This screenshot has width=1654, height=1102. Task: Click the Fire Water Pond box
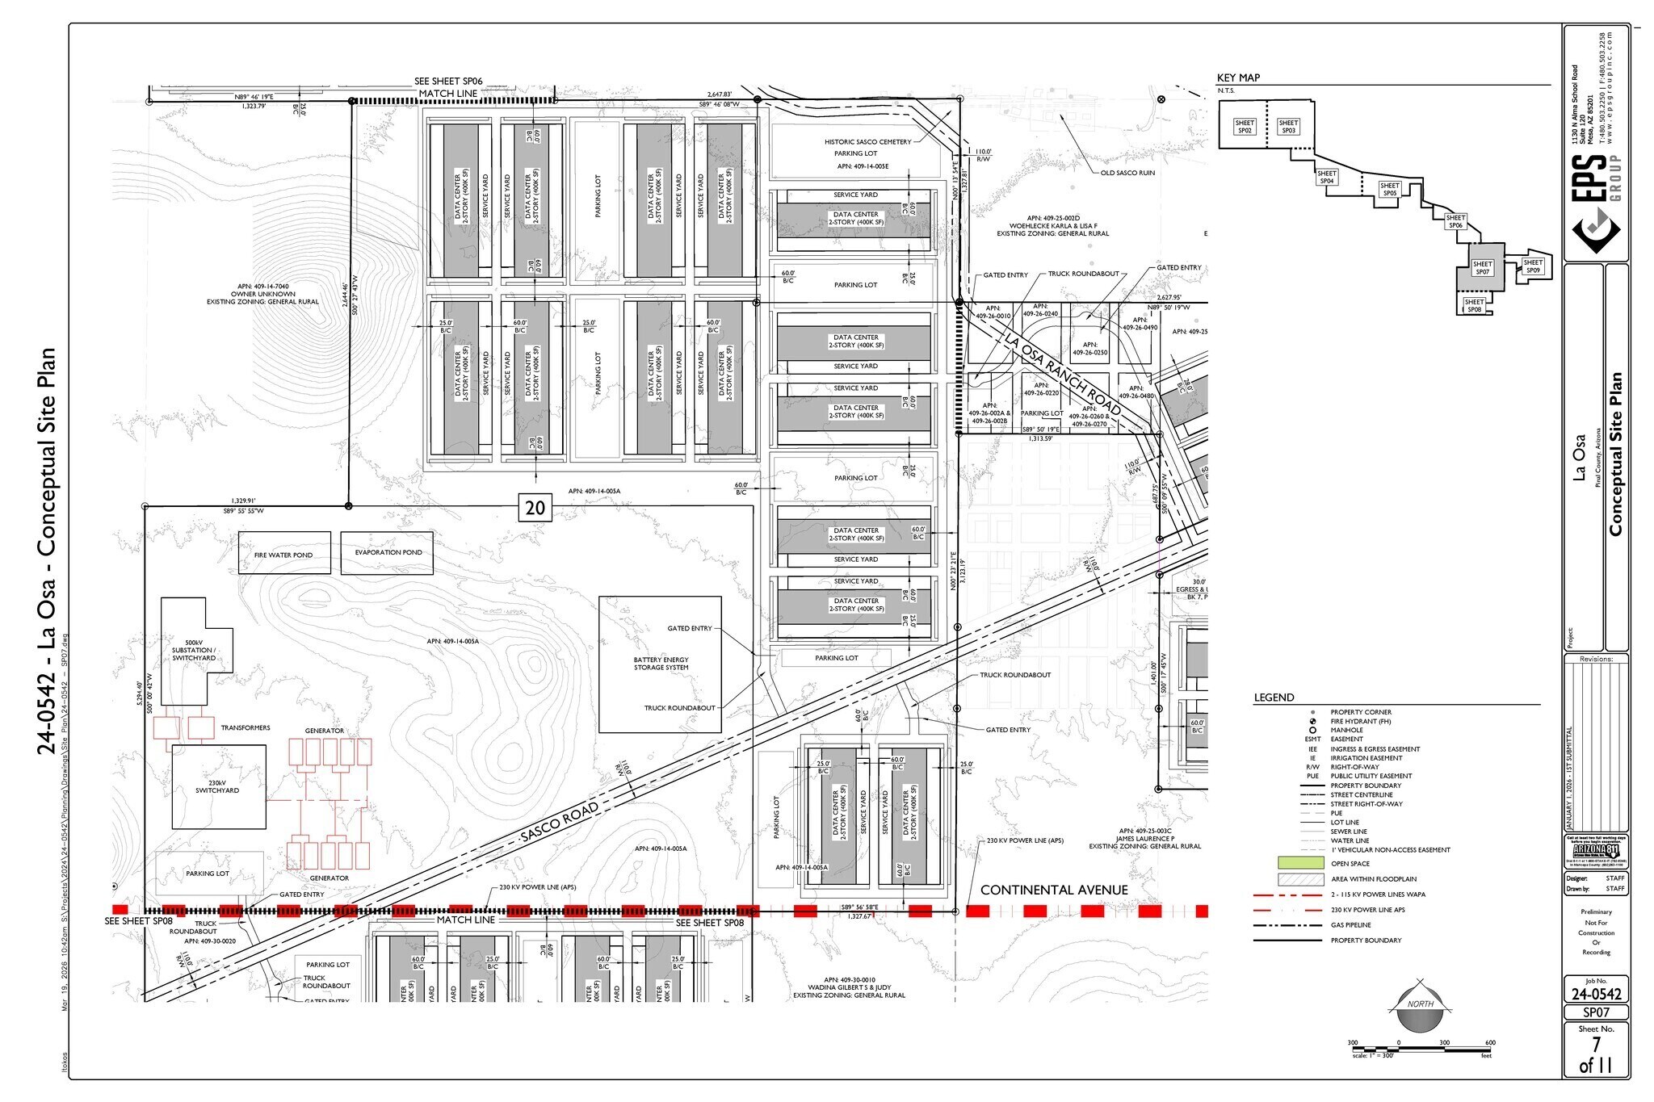tap(284, 553)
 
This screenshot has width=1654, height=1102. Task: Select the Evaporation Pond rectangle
tap(387, 553)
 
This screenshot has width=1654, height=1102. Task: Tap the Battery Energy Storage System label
tap(660, 664)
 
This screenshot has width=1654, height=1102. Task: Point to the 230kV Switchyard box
tap(218, 787)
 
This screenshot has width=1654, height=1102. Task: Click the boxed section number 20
tap(535, 509)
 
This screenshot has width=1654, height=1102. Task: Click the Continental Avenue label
tap(1054, 890)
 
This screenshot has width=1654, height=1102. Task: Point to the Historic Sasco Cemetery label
tap(867, 142)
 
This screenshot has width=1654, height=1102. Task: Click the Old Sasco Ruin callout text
tap(1127, 173)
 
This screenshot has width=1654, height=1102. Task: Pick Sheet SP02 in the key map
tap(1245, 127)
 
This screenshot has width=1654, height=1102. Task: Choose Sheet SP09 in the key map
tap(1532, 266)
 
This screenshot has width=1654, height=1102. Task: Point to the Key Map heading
tap(1238, 78)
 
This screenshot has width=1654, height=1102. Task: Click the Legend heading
tap(1274, 698)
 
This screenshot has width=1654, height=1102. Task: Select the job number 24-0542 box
tap(1596, 994)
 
